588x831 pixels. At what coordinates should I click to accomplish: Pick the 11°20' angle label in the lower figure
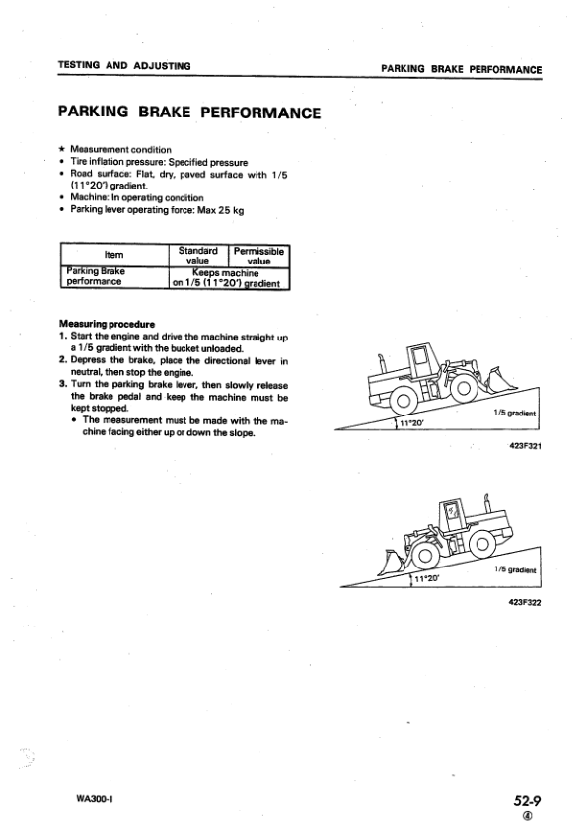coord(426,579)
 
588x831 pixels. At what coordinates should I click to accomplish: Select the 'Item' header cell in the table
coord(112,255)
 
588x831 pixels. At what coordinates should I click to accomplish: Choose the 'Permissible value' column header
coord(258,256)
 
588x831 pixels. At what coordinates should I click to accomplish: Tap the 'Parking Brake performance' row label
coord(102,277)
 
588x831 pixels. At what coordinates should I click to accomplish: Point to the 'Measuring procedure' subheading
coord(101,323)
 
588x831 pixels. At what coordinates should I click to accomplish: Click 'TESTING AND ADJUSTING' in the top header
coord(123,66)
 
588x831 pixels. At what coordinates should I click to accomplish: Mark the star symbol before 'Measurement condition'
coord(63,149)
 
